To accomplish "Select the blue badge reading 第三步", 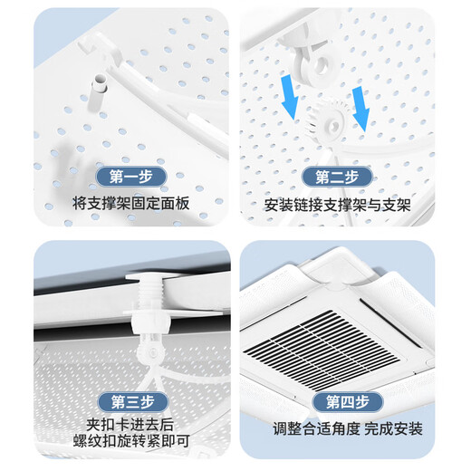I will [x=130, y=402].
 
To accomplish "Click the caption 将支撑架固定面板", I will [x=130, y=205].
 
